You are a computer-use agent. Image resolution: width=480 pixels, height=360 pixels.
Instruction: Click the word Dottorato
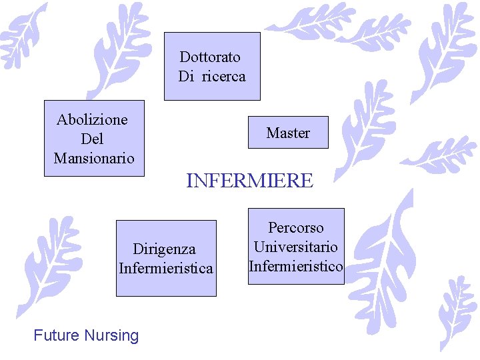[210, 57]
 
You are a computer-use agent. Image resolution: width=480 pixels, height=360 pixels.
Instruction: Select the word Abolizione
[92, 120]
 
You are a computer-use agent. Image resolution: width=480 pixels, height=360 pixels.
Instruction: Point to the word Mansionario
[94, 159]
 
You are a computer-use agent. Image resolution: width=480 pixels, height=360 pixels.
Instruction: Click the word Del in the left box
[92, 139]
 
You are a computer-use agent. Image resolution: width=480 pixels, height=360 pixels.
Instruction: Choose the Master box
[288, 133]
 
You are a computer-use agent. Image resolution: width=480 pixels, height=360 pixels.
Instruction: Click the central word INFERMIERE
[249, 181]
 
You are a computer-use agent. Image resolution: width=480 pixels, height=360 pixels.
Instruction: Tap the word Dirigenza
[165, 249]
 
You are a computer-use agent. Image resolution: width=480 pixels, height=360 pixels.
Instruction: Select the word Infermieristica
[166, 268]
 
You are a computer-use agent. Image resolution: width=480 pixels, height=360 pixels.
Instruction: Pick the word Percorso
[296, 228]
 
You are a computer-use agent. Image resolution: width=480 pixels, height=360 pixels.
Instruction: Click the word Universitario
[295, 247]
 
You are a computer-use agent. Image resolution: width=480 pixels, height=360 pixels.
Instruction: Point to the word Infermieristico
[296, 266]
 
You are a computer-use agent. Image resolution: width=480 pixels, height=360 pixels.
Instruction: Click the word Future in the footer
[56, 335]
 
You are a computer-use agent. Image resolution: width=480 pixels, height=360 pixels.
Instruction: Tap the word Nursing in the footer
[111, 335]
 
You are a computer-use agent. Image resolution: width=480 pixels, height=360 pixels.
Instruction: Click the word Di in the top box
[186, 76]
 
